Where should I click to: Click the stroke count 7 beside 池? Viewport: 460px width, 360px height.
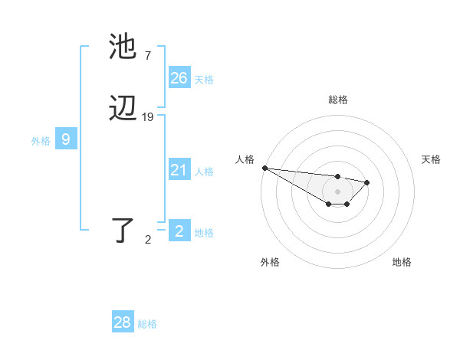(x=147, y=55)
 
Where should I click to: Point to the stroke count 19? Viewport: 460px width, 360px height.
(x=148, y=117)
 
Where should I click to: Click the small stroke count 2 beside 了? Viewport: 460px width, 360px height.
(x=148, y=240)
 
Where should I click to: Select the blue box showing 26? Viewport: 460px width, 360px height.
(x=179, y=78)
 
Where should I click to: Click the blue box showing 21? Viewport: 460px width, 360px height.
(x=179, y=170)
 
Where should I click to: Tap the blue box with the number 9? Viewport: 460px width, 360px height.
(x=66, y=139)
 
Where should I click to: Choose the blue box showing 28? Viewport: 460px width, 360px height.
(x=122, y=322)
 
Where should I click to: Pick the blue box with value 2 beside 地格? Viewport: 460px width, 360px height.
(x=179, y=231)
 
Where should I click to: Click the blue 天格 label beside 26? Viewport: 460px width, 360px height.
(x=204, y=80)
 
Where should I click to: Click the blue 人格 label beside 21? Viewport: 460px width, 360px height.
(x=204, y=172)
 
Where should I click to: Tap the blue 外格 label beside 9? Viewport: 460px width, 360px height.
(x=41, y=141)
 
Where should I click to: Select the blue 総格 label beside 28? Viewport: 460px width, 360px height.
(x=147, y=324)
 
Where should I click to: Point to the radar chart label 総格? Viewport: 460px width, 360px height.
(x=338, y=100)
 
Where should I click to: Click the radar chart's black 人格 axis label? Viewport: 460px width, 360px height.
(x=245, y=159)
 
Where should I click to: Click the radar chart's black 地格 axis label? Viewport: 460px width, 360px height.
(x=402, y=262)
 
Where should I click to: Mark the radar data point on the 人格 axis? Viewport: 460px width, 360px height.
(x=264, y=168)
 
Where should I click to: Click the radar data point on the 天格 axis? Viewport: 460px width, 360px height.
(x=367, y=182)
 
